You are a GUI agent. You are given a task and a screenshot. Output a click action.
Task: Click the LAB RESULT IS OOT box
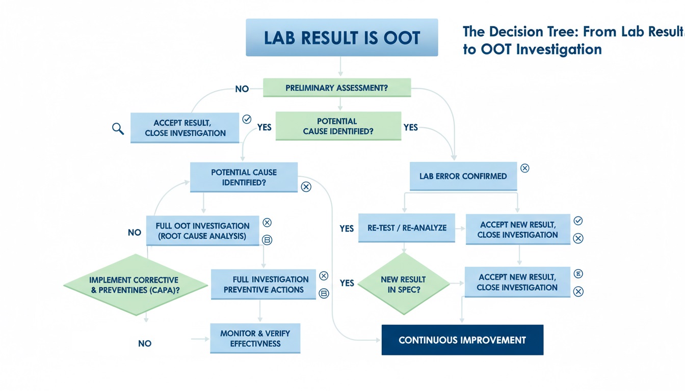341,37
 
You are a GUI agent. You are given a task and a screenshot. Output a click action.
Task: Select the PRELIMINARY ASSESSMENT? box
336,88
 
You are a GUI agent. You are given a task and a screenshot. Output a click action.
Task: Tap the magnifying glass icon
118,128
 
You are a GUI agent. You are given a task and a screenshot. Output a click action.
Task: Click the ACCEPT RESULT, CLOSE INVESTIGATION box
185,128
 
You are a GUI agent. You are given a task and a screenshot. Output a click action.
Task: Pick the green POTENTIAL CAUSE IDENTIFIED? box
338,126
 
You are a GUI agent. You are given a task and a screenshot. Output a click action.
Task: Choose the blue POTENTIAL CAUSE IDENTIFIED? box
244,177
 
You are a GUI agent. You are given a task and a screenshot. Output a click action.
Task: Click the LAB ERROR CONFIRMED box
463,176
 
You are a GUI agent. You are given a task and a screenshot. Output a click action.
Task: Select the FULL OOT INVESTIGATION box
203,231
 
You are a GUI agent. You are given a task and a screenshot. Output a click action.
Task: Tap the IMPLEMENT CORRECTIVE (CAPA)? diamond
135,285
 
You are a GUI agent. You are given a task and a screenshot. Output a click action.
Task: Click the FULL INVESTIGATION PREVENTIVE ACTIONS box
264,284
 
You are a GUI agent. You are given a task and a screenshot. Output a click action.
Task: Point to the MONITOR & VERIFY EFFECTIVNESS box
255,338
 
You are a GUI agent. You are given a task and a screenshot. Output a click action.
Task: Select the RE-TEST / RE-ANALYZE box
407,228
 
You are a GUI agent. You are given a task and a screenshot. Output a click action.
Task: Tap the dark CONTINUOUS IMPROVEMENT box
462,340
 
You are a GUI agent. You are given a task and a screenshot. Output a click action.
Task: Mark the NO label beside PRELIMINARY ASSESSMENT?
242,89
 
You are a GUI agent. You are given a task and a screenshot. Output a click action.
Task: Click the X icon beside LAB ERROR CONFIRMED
524,169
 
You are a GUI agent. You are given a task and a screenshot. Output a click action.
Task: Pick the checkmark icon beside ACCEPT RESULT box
247,119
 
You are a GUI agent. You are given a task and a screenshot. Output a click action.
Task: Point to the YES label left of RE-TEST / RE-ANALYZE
347,229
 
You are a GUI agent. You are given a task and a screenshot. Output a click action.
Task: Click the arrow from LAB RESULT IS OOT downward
340,67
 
